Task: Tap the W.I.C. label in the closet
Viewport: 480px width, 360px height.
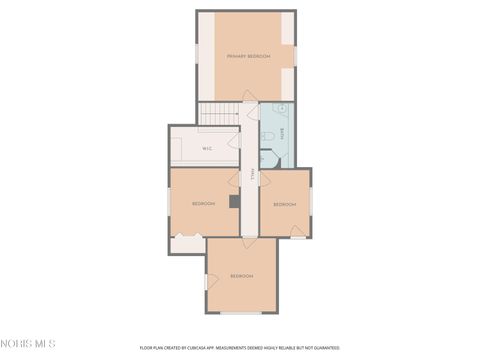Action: pos(207,149)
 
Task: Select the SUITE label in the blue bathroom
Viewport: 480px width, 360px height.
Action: pos(282,130)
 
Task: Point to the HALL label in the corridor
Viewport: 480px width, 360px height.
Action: pos(252,176)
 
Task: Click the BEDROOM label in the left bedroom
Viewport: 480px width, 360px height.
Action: pos(204,204)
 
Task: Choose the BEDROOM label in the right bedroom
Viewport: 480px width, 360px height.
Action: pos(285,204)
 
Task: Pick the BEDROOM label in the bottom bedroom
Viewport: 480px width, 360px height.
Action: pos(241,275)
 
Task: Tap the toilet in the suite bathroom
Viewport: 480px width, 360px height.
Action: pos(270,140)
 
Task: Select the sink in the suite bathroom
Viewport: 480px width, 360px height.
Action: pos(282,108)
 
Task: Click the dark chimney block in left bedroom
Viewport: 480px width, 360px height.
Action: pos(235,201)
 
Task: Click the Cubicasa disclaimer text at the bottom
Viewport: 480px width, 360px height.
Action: pos(239,348)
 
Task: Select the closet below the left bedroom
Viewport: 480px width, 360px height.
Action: pos(186,242)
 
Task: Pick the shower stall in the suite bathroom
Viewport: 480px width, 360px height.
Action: pos(268,160)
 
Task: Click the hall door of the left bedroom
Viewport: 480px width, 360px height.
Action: pos(235,179)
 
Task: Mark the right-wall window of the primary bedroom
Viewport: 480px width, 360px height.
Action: pos(297,54)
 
